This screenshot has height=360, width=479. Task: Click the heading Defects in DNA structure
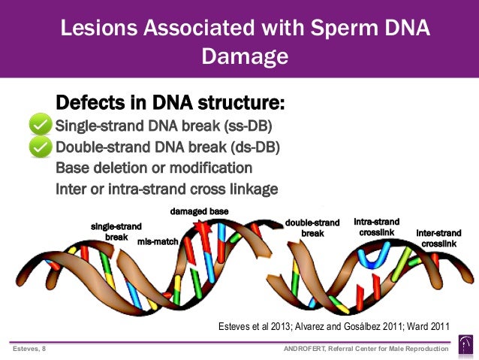tap(170, 102)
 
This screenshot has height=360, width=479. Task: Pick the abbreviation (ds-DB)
tap(252, 147)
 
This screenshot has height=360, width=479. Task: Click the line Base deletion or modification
tap(154, 168)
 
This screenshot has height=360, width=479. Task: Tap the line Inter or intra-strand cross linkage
tap(167, 188)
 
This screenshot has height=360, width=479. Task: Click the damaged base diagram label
tap(199, 211)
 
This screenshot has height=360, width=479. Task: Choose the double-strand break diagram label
tap(312, 228)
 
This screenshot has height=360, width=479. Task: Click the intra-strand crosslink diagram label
tap(376, 227)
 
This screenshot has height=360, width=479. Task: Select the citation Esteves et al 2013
tap(251, 326)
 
